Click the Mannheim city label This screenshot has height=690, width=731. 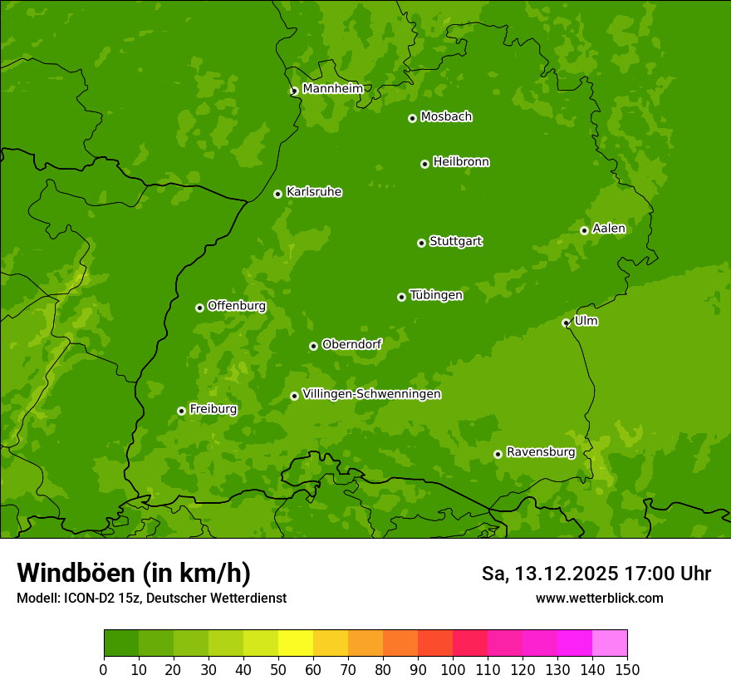coord(332,88)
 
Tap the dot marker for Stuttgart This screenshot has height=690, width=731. coord(421,243)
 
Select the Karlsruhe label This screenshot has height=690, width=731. coord(314,192)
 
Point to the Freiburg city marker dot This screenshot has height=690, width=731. coord(181,411)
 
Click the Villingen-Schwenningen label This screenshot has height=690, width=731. coord(371,394)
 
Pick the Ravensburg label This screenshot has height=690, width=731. coord(541,452)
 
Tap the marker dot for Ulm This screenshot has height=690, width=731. coord(566,323)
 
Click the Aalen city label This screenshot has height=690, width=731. coord(609,229)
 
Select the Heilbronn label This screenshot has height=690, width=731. coord(461,162)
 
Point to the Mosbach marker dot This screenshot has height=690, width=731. coord(412,118)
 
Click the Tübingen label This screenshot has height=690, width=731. coord(436,295)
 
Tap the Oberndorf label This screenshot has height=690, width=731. coord(351,344)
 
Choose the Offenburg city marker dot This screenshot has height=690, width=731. coord(199,308)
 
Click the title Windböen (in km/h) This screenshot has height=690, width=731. coord(134,573)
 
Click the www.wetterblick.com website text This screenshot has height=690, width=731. coord(599,598)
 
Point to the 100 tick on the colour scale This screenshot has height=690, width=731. coord(453,669)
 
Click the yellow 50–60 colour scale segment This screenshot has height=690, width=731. coord(296,643)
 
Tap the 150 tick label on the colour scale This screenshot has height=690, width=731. coord(627,669)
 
